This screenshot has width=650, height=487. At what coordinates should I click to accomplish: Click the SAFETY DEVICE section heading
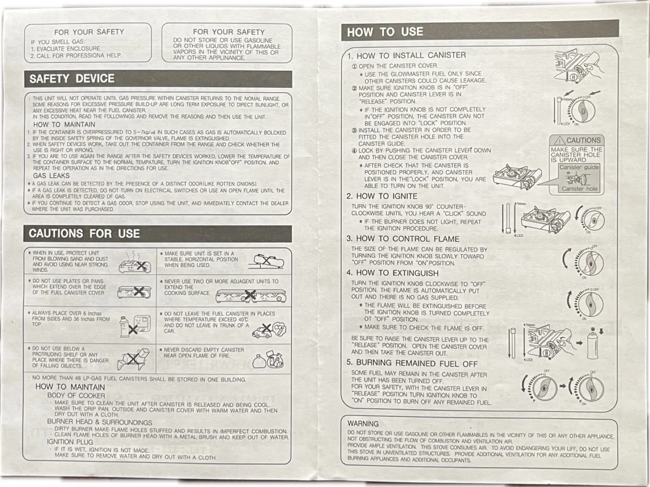[x=72, y=79]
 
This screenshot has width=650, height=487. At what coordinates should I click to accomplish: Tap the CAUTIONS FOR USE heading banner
[x=84, y=234]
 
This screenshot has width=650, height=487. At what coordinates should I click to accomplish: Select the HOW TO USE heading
[x=385, y=32]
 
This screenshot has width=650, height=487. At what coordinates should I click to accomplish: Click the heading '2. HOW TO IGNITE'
[x=382, y=197]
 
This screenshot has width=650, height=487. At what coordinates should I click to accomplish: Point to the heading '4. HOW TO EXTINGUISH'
[x=392, y=273]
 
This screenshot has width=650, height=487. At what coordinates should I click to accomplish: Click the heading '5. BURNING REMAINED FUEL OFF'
[x=412, y=363]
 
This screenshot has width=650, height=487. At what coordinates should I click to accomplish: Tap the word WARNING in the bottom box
[x=363, y=424]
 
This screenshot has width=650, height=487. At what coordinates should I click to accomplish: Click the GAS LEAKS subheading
[x=51, y=176]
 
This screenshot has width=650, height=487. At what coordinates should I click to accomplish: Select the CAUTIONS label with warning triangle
[x=577, y=140]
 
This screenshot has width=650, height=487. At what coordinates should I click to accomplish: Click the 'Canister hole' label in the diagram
[x=579, y=189]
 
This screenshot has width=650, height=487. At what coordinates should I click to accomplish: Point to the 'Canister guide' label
[x=579, y=167]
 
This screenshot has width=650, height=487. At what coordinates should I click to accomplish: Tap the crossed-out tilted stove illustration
[x=269, y=261]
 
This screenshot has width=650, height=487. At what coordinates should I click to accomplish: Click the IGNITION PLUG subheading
[x=70, y=442]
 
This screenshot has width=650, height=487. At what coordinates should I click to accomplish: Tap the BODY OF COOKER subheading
[x=76, y=395]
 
